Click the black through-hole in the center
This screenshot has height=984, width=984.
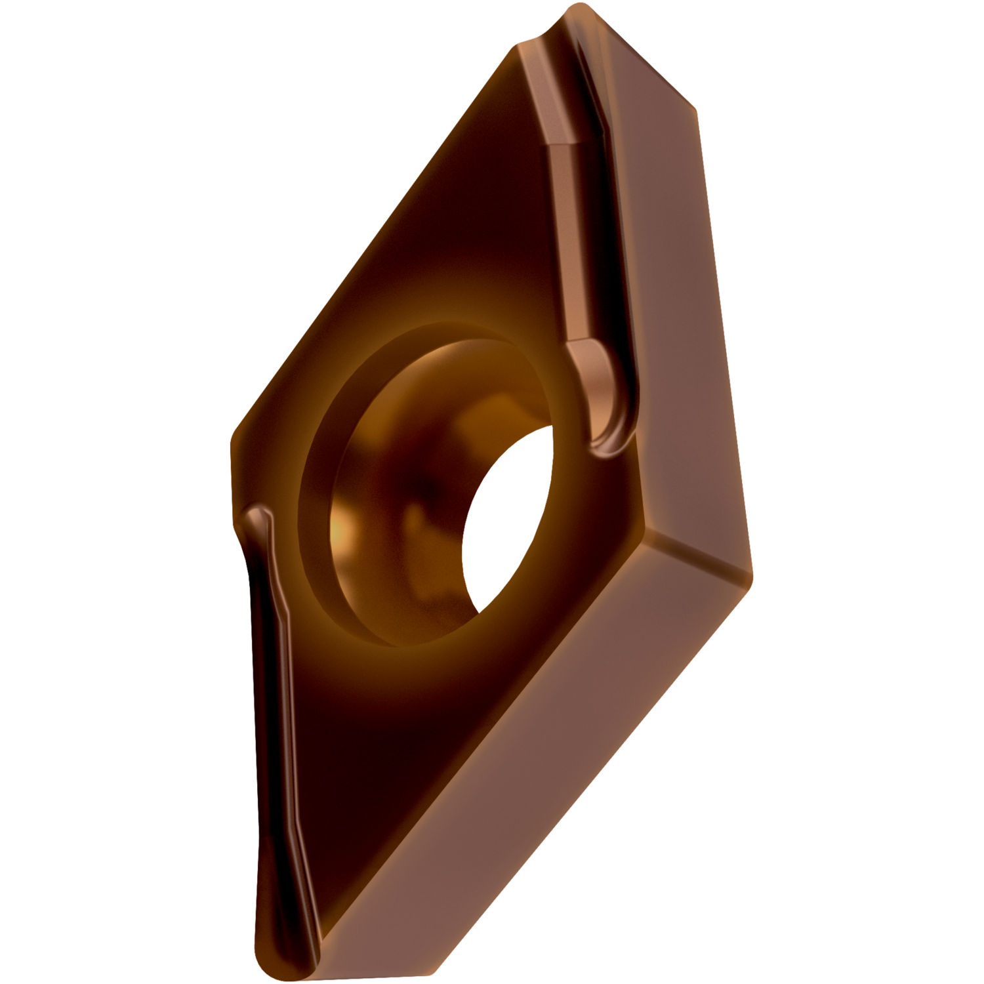click(x=505, y=518)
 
